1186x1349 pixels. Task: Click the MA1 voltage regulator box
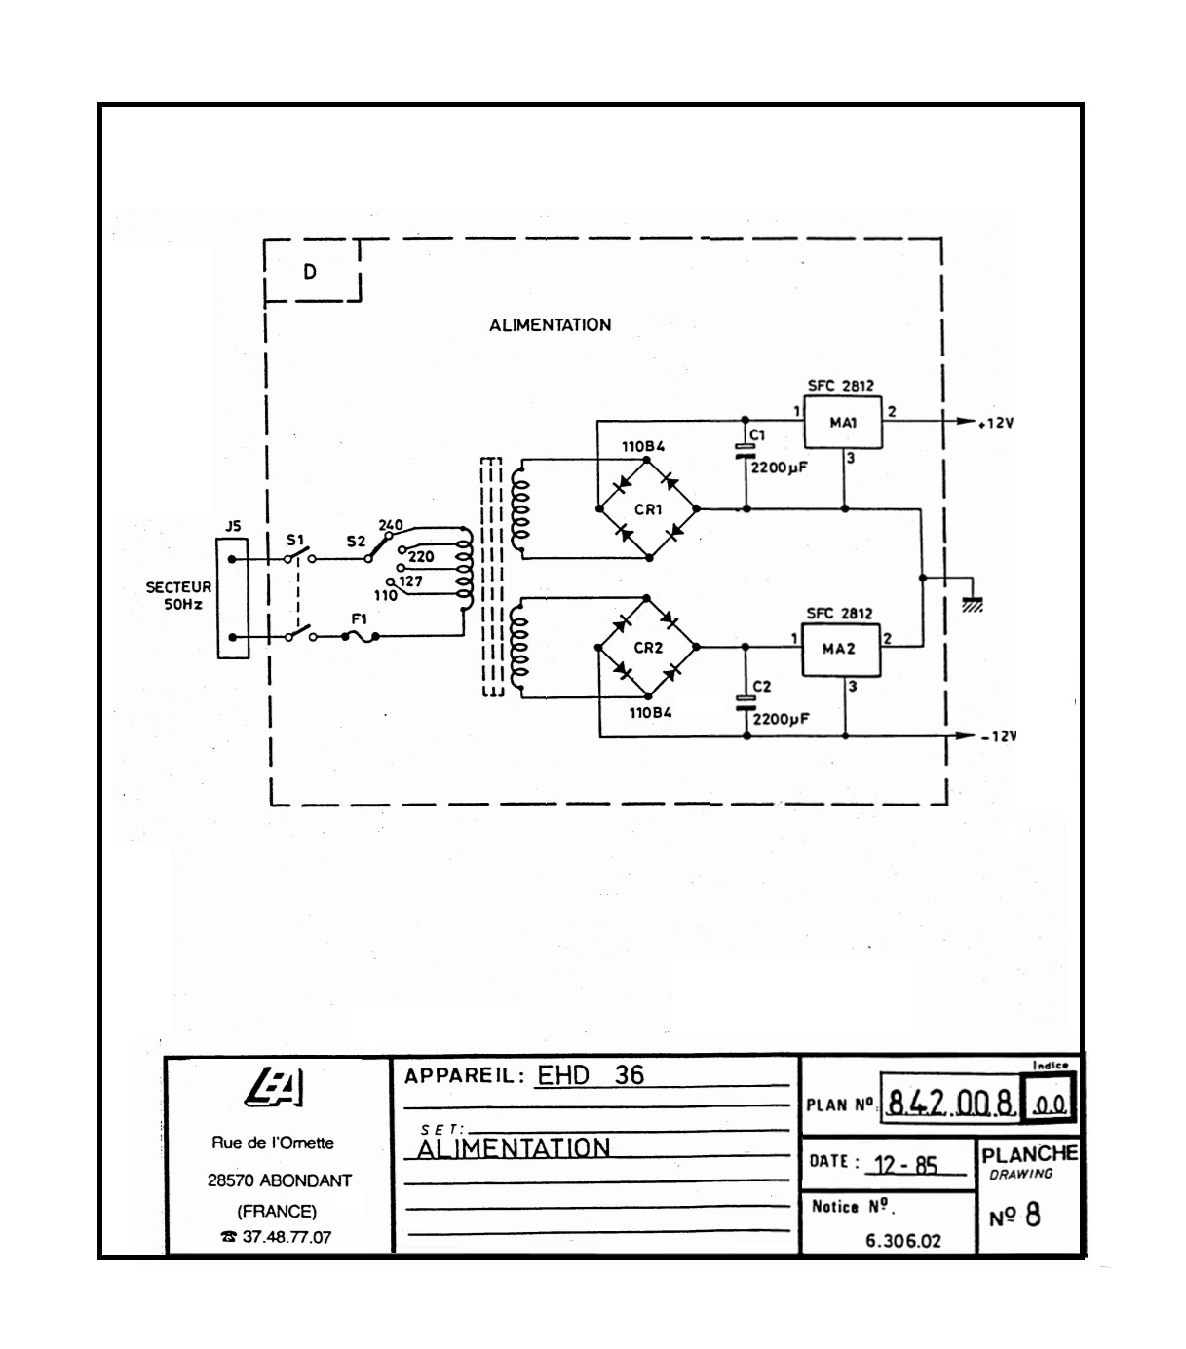842,423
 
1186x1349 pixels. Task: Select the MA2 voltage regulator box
839,649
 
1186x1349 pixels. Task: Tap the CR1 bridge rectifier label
648,508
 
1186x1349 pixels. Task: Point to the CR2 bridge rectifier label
648,648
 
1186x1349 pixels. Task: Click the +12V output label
996,424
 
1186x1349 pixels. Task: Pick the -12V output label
998,736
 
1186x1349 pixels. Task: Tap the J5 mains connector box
232,598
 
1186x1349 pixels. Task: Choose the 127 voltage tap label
410,581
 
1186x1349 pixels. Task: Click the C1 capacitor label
757,434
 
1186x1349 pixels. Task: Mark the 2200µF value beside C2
781,720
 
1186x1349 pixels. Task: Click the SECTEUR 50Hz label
178,596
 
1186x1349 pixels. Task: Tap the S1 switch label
295,540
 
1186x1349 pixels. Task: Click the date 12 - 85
905,1165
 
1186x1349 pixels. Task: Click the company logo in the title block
277,1088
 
